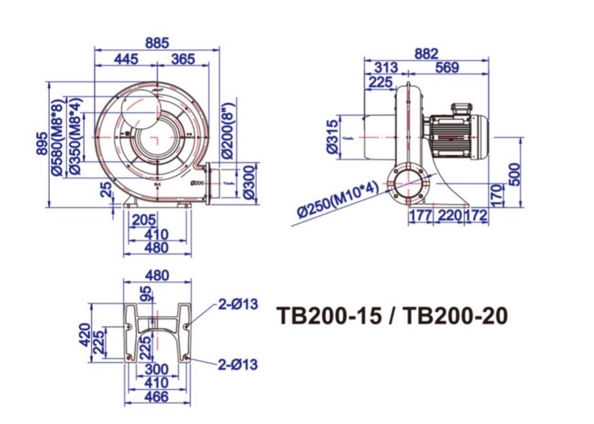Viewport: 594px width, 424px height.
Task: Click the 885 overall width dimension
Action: point(157,43)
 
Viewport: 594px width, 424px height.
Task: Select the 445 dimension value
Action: point(126,59)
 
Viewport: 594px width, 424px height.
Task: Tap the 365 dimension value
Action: point(183,59)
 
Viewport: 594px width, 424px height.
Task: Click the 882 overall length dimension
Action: point(426,53)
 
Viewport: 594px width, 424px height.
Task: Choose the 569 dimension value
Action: point(446,68)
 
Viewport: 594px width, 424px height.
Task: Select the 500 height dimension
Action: point(514,173)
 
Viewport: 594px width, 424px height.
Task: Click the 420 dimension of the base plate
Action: point(85,335)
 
